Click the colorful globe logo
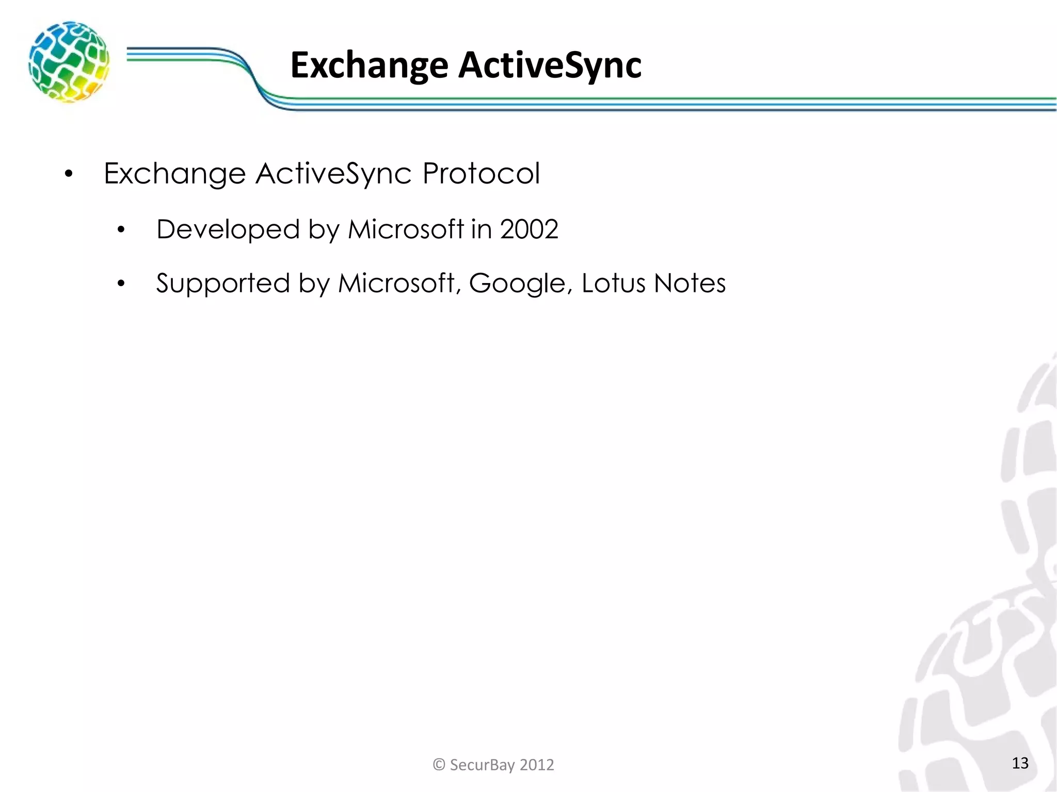point(69,61)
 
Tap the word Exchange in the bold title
point(369,66)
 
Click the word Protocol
point(481,173)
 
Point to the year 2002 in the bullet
point(529,229)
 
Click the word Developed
point(228,230)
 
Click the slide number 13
point(1020,763)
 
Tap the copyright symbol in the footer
point(439,765)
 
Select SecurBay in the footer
point(482,765)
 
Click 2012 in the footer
point(537,765)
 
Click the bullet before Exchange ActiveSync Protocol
point(69,174)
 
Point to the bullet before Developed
point(121,230)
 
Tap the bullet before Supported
point(121,284)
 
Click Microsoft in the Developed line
point(406,229)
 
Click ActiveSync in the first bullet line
point(333,173)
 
